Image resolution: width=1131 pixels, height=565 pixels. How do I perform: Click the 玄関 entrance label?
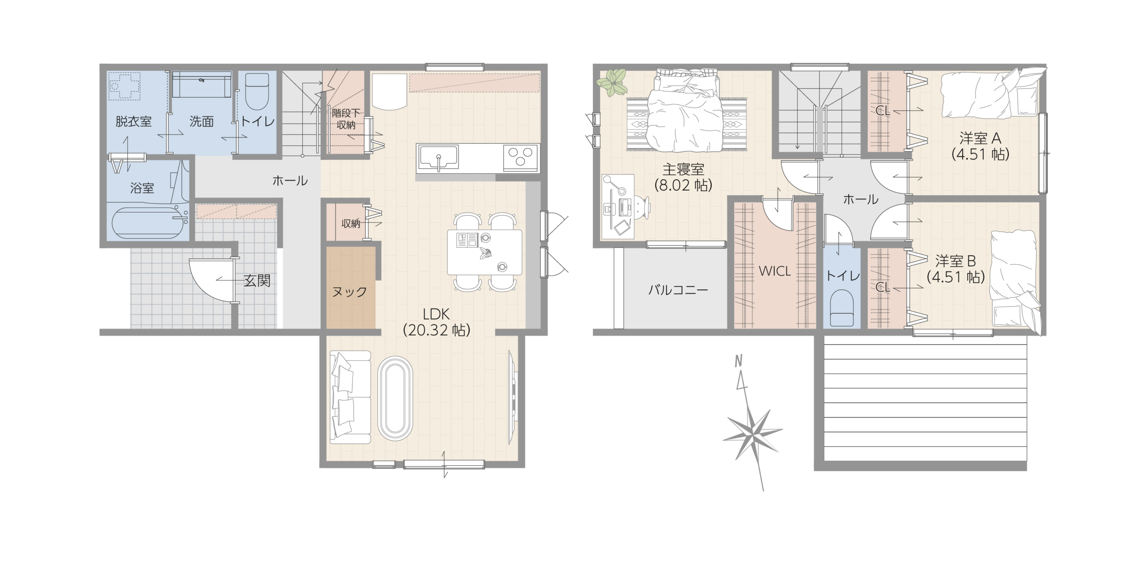pos(257,281)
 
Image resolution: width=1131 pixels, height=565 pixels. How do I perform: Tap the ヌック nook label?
pos(349,292)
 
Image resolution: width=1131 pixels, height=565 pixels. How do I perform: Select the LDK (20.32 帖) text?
pos(436,322)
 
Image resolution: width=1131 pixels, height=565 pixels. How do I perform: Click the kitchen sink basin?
pos(439,158)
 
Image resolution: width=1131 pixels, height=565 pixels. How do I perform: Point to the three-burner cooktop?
pos(520,157)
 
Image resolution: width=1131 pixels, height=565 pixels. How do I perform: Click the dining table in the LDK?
pos(485,252)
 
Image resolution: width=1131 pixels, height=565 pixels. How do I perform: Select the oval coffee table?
pos(395,398)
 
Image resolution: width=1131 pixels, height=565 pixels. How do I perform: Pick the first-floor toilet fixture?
pos(257,91)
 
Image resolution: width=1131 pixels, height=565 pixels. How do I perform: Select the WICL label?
pos(774,271)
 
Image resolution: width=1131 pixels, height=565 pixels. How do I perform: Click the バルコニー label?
pos(678,290)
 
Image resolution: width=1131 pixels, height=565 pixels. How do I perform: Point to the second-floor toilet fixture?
pos(842,308)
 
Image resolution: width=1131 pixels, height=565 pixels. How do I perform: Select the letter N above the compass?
pos(738,361)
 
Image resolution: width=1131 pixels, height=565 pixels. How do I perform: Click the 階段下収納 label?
pos(346,119)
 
